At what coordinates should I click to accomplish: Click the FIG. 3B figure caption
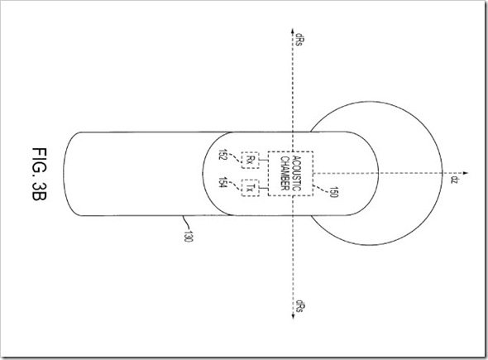(x=40, y=174)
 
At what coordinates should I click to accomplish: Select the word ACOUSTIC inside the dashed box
(x=297, y=174)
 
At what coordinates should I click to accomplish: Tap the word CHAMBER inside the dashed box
(x=285, y=173)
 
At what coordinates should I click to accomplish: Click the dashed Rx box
(x=251, y=160)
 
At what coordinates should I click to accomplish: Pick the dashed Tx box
(x=251, y=188)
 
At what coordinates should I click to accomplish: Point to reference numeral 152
(x=223, y=154)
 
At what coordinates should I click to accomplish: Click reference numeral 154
(x=223, y=182)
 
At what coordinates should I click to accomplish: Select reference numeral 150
(x=333, y=192)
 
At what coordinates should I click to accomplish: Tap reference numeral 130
(x=189, y=237)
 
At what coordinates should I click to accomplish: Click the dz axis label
(x=454, y=180)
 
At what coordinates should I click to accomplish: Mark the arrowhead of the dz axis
(x=466, y=173)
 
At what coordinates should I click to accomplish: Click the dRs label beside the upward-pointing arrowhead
(x=299, y=40)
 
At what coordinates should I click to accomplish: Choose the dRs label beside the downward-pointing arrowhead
(x=300, y=306)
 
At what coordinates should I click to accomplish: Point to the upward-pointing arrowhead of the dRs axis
(x=292, y=31)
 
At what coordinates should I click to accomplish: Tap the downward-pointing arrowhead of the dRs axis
(x=293, y=316)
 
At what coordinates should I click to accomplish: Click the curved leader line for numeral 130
(x=186, y=223)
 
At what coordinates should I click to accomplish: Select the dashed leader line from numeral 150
(x=321, y=189)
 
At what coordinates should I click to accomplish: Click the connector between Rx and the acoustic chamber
(x=264, y=160)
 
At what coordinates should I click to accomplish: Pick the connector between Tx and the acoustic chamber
(x=264, y=188)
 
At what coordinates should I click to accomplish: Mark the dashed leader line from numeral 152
(x=236, y=160)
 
